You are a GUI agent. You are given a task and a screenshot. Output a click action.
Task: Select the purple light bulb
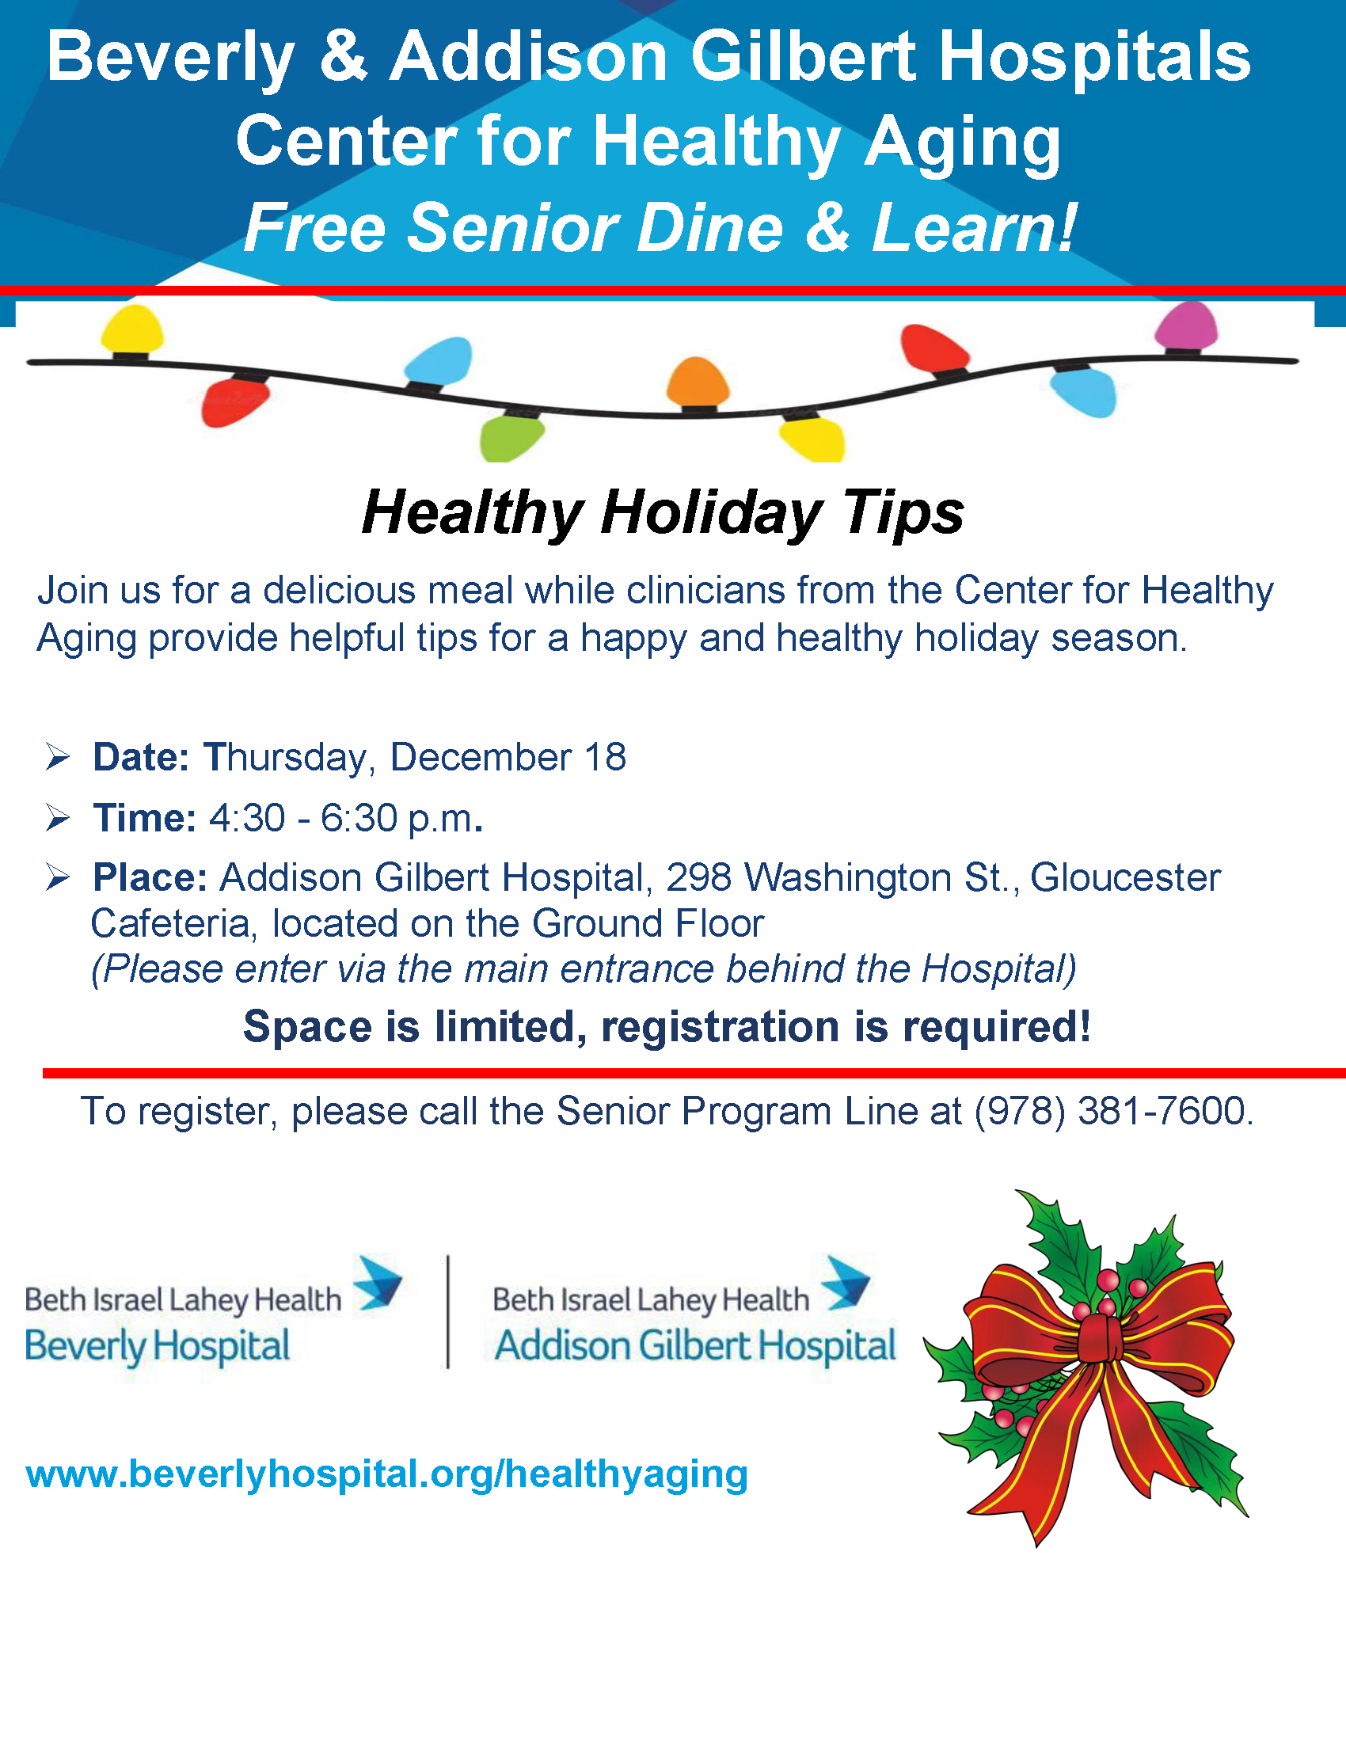tap(1187, 326)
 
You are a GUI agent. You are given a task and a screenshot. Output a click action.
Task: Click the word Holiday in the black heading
tap(711, 513)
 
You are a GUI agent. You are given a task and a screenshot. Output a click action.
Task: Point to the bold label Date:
tap(141, 757)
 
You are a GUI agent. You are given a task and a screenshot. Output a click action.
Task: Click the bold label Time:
tap(144, 819)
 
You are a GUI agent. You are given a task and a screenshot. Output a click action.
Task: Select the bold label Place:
tap(150, 877)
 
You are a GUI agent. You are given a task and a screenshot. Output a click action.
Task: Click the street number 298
tap(698, 877)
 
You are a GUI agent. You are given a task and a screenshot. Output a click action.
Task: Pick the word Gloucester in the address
tap(1125, 877)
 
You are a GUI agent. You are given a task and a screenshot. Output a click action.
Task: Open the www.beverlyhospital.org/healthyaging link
tap(386, 1474)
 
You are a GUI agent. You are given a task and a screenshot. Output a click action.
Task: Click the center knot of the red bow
tap(1101, 1338)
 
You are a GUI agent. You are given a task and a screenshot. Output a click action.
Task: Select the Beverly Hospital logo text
tap(157, 1347)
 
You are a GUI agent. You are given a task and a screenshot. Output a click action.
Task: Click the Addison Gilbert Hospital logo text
tap(695, 1345)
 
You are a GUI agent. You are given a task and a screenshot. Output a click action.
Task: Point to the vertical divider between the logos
tap(448, 1312)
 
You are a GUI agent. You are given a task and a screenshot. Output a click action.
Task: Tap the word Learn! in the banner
tap(975, 228)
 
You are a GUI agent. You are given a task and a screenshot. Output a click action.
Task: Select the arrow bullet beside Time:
tap(59, 819)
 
